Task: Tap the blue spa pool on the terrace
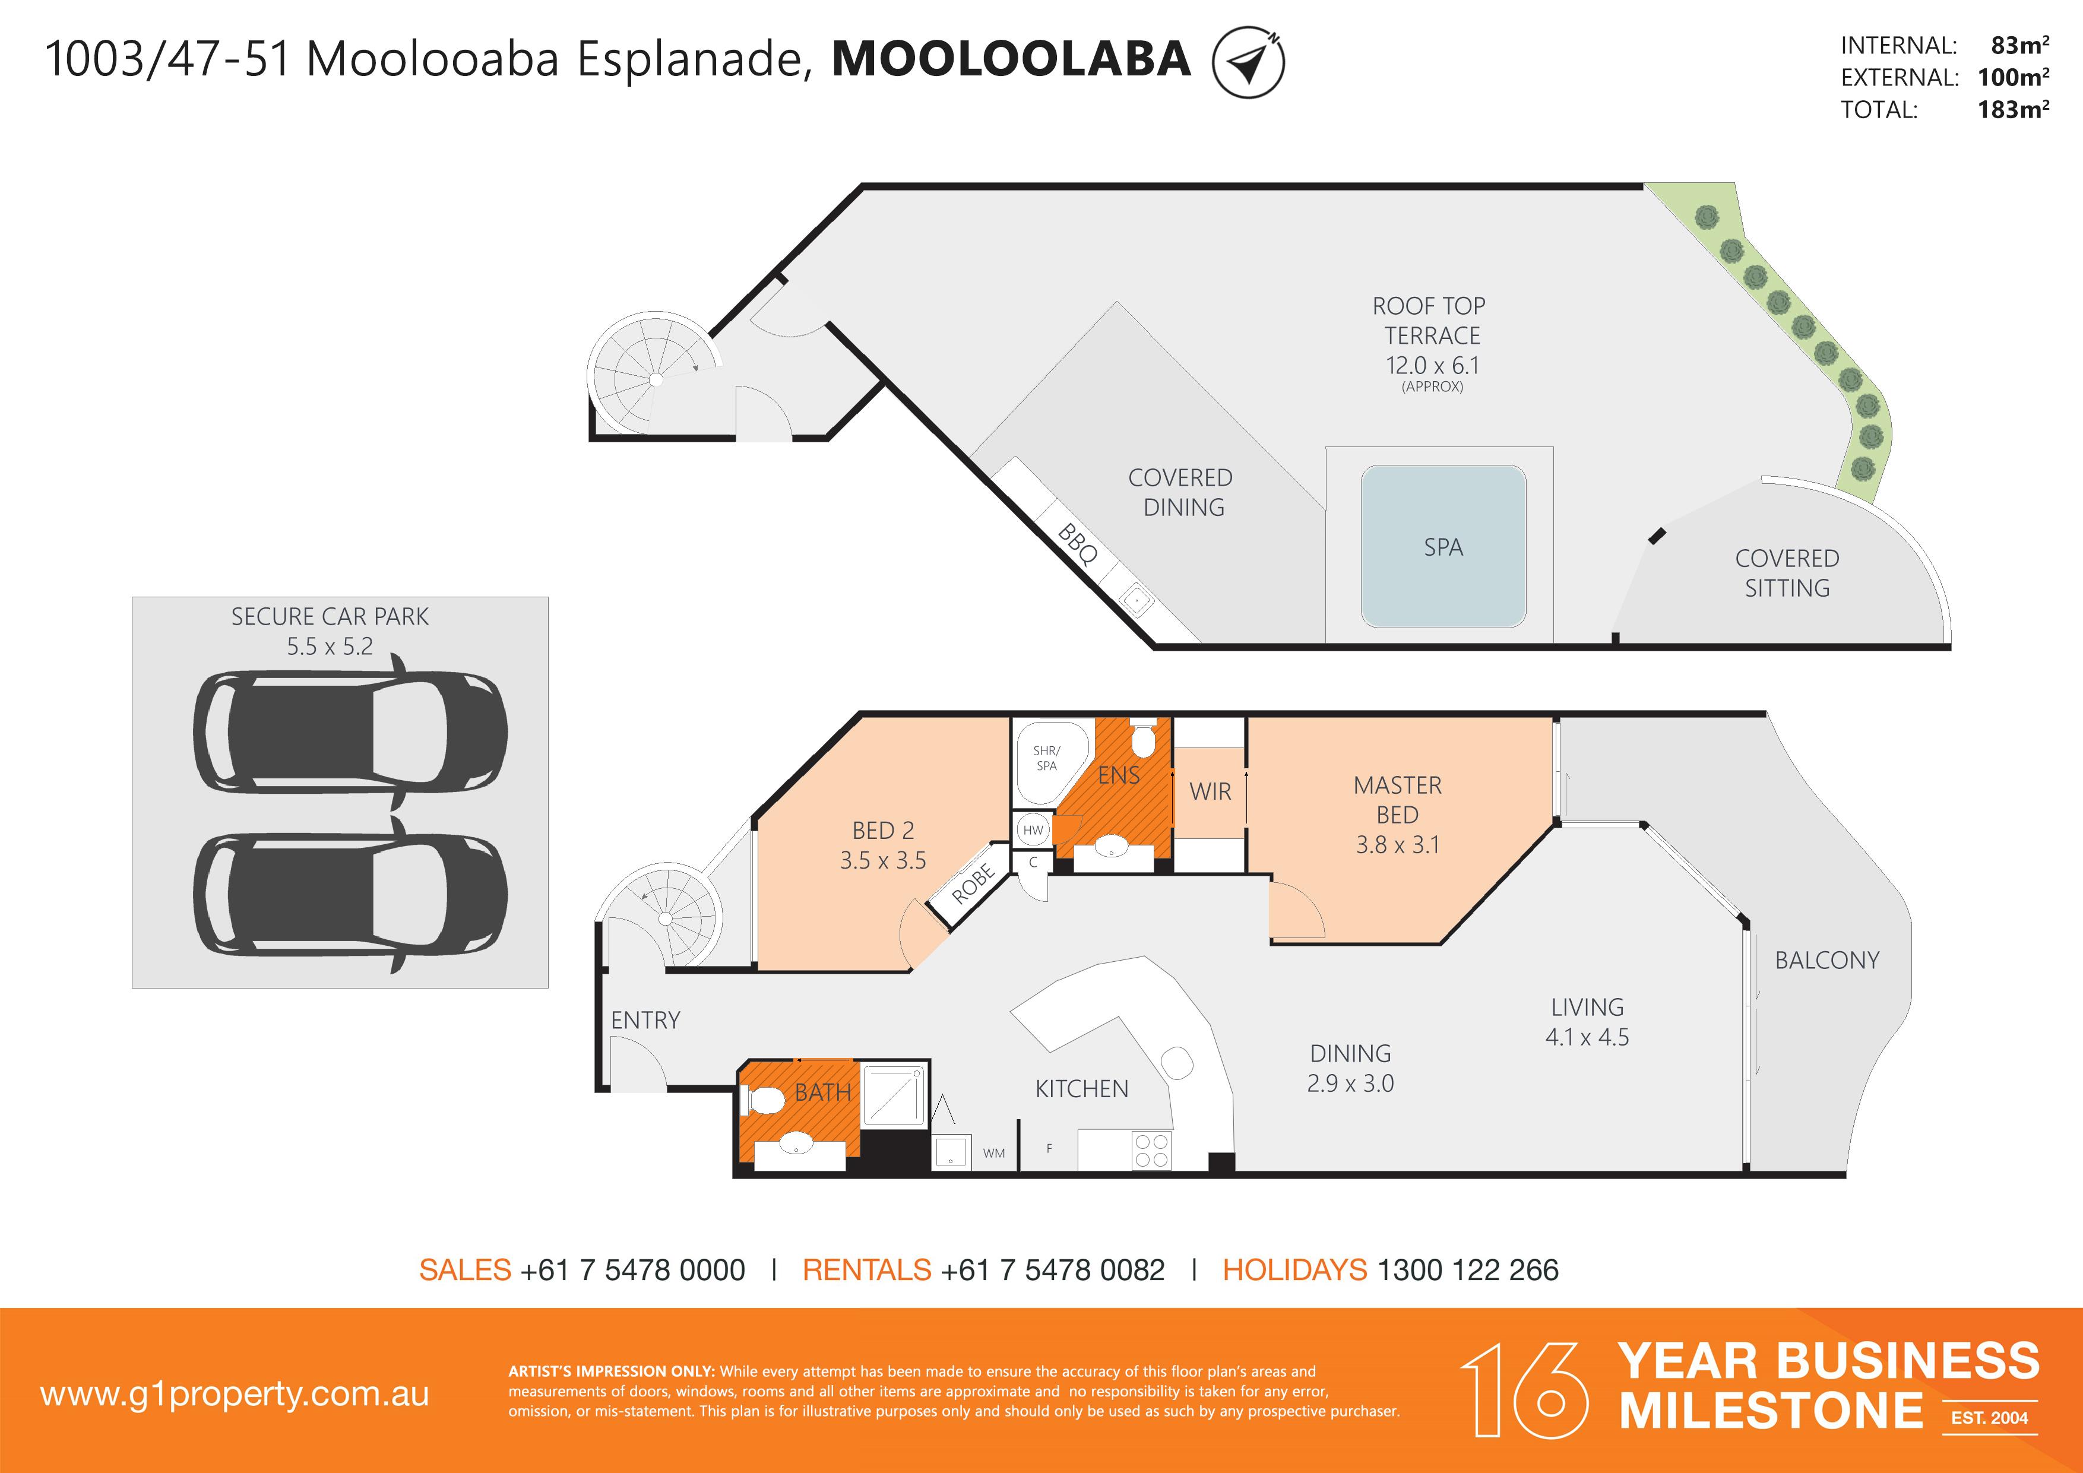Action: click(x=1443, y=547)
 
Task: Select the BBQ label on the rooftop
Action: click(x=1078, y=544)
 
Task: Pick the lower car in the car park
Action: click(x=350, y=894)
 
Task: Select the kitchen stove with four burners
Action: click(x=1151, y=1150)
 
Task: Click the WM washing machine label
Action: click(x=993, y=1153)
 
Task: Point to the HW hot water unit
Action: click(x=1033, y=830)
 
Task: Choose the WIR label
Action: click(x=1210, y=792)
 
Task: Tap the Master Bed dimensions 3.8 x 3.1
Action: click(x=1397, y=844)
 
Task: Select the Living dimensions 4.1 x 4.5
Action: click(x=1587, y=1037)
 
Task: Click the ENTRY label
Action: click(x=645, y=1021)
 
